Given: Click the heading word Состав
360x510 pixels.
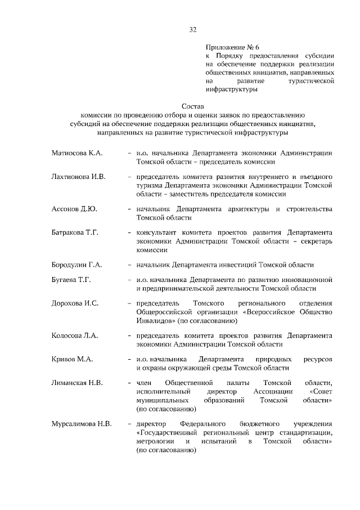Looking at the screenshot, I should [x=193, y=106].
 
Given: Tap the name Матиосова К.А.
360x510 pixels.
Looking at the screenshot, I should [x=76, y=153].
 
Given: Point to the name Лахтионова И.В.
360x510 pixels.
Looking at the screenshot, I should [x=79, y=176].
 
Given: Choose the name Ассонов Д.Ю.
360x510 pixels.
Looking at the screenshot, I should [x=74, y=209].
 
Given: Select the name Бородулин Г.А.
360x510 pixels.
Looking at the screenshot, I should [x=77, y=265].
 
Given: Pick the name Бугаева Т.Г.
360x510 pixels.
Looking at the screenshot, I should [x=71, y=279].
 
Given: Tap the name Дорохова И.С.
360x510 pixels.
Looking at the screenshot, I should [x=75, y=303].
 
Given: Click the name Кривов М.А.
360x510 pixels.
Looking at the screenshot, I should [x=71, y=359].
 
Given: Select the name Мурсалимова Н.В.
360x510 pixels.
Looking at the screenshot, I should [x=82, y=423].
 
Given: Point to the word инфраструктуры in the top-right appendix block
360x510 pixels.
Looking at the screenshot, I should [x=232, y=89].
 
